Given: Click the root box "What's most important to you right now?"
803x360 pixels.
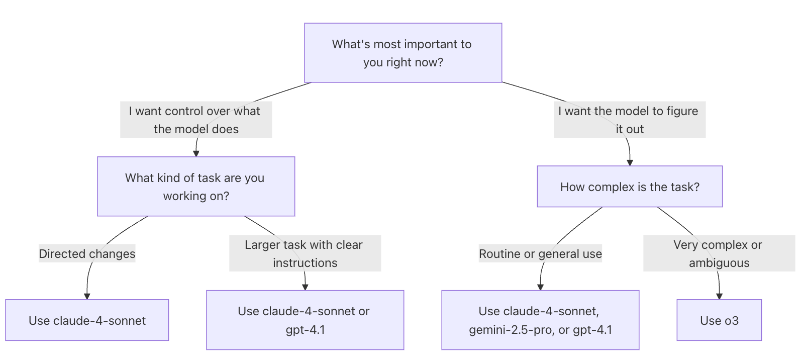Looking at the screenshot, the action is [x=403, y=53].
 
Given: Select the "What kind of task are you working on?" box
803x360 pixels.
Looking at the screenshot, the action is [x=196, y=187].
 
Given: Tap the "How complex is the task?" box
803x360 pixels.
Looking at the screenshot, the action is [x=630, y=187].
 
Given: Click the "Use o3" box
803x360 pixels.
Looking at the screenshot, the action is [x=719, y=320].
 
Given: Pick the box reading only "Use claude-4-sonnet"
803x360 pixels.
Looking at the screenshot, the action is [x=87, y=320].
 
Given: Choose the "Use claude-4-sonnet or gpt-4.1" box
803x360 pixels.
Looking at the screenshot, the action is [x=305, y=320].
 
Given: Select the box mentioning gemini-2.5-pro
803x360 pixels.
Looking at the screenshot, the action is [x=540, y=320].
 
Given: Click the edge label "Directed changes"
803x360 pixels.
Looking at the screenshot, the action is [x=87, y=253].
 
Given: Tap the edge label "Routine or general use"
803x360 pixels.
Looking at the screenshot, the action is [x=540, y=253].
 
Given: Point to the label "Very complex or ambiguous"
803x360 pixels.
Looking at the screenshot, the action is [x=719, y=253].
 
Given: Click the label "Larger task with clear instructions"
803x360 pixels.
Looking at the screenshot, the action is [x=305, y=253].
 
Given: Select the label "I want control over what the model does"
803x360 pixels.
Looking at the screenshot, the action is [x=196, y=120].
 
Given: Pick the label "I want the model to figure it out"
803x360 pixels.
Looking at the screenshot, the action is [x=630, y=120].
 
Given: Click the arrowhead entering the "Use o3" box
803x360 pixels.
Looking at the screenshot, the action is [x=719, y=296].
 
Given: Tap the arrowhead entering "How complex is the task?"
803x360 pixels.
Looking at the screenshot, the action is [x=630, y=163].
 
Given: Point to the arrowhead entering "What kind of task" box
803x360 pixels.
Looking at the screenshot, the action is [x=196, y=153].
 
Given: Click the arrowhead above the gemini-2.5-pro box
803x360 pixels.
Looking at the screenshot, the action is [x=540, y=287].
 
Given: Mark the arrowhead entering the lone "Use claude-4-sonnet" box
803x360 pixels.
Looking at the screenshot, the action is [x=87, y=296].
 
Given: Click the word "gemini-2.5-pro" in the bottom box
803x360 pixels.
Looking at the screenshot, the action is [x=509, y=330].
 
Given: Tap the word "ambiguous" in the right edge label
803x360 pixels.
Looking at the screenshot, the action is [x=719, y=263].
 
